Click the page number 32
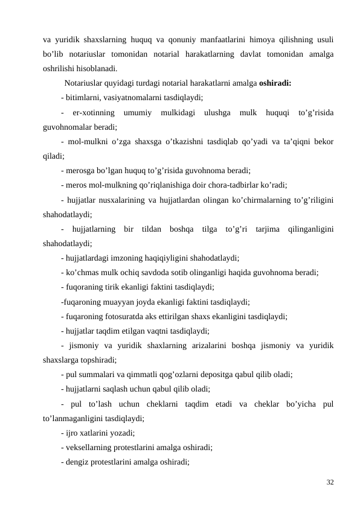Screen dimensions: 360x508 [x=330, y=482]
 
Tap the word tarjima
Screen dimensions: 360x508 [x=268, y=230]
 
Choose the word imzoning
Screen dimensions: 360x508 [x=147, y=259]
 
